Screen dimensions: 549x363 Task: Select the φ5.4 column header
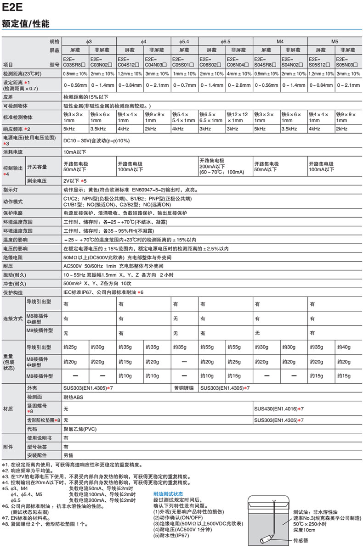point(184,41)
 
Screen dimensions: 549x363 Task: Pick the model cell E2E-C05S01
point(184,62)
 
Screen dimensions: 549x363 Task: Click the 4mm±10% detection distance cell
point(239,73)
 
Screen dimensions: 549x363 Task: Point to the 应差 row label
point(8,97)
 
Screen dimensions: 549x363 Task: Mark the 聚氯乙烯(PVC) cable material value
point(81,428)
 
